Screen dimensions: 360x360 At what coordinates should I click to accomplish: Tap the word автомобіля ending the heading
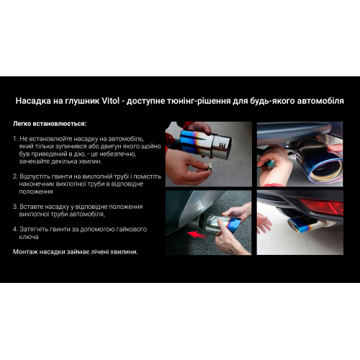[318, 102]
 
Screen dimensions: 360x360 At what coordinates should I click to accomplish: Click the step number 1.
[15, 138]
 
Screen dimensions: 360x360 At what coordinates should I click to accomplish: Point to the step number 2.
[15, 176]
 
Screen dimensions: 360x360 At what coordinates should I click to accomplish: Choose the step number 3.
[15, 206]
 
